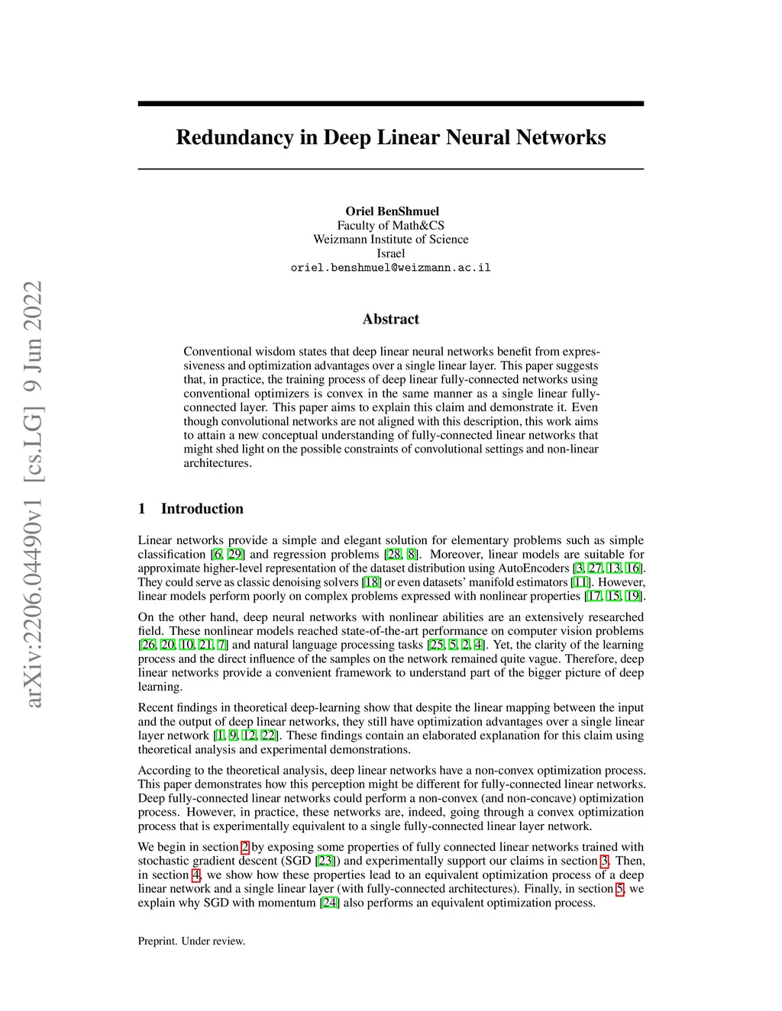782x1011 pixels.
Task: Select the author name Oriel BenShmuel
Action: coord(392,211)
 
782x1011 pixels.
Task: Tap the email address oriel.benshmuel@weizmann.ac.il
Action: coord(390,268)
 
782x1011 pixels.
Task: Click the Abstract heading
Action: coord(391,319)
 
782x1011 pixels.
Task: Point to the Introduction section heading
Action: coord(202,509)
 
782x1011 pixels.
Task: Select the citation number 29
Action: coord(235,555)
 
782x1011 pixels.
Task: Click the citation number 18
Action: coord(371,582)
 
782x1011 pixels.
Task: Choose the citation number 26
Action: coord(148,645)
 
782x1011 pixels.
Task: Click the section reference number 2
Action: coord(245,847)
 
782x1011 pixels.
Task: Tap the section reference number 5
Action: coord(620,889)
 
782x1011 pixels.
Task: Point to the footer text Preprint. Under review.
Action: coord(192,941)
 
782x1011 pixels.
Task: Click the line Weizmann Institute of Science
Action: coord(390,240)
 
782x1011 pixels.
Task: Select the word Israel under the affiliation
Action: coord(390,253)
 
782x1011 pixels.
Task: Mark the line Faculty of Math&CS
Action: coord(390,226)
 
